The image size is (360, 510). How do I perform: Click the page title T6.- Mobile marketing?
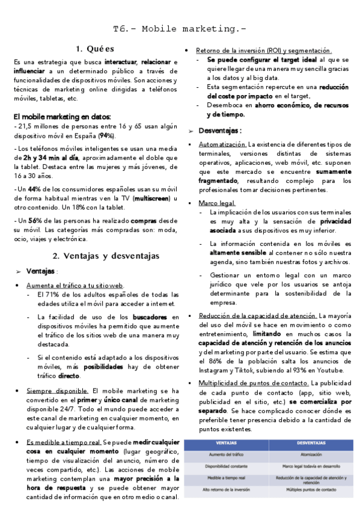pos(180,29)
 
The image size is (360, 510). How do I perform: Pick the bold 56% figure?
pos(34,221)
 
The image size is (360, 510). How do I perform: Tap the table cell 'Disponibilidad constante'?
pos(226,466)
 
